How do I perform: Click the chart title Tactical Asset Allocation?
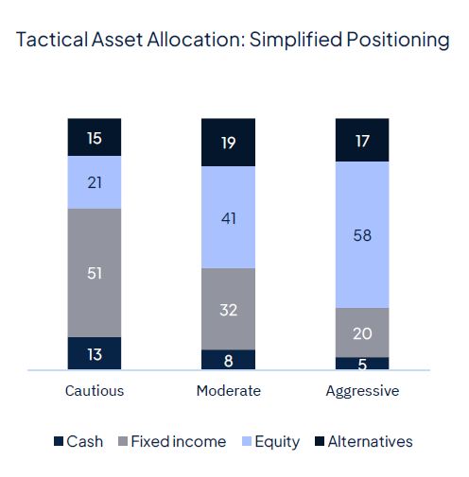(233, 40)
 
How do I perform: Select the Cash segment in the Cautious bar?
(94, 353)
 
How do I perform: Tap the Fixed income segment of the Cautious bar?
(94, 273)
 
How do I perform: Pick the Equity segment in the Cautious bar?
(94, 182)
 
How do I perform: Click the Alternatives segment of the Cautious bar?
(94, 137)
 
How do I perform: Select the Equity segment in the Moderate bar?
(228, 216)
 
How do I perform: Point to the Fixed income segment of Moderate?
(228, 308)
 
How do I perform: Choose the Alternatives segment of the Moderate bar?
(228, 142)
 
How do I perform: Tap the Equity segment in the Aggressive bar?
(362, 234)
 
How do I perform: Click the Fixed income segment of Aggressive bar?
(362, 332)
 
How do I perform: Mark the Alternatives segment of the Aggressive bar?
(362, 140)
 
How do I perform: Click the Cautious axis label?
(94, 391)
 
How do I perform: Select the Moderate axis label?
(228, 391)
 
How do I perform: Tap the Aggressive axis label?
(362, 391)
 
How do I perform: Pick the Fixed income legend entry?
(170, 441)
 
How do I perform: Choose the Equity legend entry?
(269, 441)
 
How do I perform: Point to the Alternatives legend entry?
(363, 441)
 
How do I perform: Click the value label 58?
(362, 234)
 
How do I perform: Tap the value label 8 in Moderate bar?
(228, 359)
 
